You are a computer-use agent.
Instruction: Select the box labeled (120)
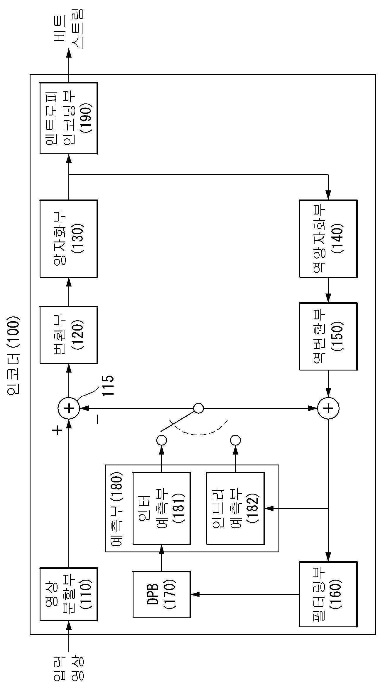click(x=68, y=335)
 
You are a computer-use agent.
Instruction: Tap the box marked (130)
click(x=68, y=239)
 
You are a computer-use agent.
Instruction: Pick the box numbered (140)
click(x=328, y=239)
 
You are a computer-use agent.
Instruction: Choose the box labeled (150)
click(x=328, y=336)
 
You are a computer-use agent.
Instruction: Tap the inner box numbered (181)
click(x=162, y=508)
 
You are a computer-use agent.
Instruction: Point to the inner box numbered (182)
click(x=235, y=508)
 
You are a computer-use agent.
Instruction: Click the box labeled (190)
click(x=68, y=118)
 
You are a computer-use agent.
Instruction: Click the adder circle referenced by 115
click(x=69, y=408)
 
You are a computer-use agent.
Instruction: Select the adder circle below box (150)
click(x=328, y=408)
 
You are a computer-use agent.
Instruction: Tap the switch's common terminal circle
click(x=198, y=408)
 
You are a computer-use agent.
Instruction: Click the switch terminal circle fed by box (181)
click(x=162, y=440)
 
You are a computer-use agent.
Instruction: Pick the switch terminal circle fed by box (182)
click(x=235, y=440)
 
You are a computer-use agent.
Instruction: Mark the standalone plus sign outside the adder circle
click(x=58, y=430)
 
